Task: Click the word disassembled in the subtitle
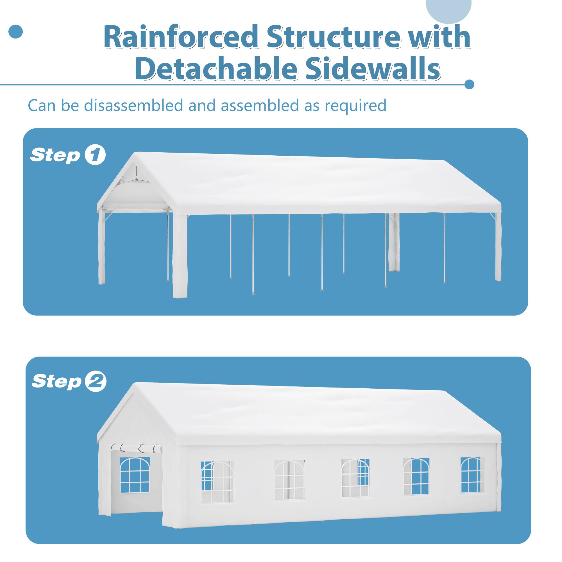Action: pyautogui.click(x=134, y=105)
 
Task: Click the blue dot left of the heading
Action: pyautogui.click(x=16, y=32)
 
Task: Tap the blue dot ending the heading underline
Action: pyautogui.click(x=469, y=85)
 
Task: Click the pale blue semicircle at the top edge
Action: pyautogui.click(x=448, y=10)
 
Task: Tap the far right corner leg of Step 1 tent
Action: pyautogui.click(x=498, y=247)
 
